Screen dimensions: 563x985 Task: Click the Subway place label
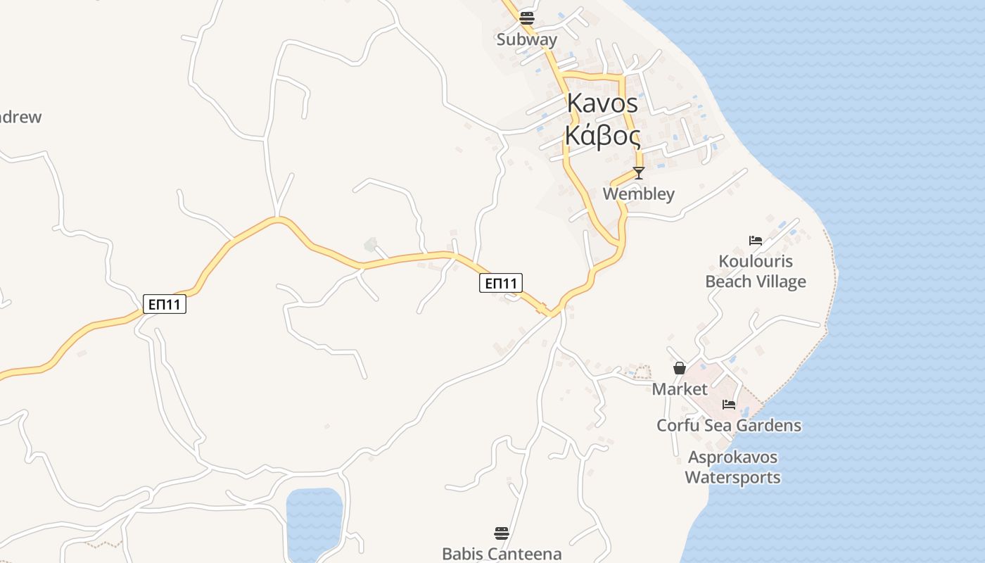tap(526, 39)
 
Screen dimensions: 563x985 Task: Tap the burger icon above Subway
tap(526, 18)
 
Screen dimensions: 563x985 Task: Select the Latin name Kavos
tap(602, 103)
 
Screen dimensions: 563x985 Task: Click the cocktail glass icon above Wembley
tap(638, 172)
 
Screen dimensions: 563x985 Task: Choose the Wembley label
tap(638, 194)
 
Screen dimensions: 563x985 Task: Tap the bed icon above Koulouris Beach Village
tap(756, 241)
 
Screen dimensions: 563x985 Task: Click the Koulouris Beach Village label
tap(756, 272)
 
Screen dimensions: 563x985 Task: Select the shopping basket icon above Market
tap(680, 367)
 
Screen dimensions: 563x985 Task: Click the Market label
tap(680, 388)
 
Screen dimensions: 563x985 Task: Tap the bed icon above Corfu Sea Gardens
tap(729, 405)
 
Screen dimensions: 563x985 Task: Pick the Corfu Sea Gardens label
tap(729, 425)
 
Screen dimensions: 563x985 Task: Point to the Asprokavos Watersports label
tap(732, 467)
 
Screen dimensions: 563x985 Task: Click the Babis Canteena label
tap(502, 554)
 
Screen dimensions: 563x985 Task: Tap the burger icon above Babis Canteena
tap(501, 533)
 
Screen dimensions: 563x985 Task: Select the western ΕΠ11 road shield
tap(165, 304)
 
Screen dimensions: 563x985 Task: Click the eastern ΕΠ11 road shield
tap(502, 283)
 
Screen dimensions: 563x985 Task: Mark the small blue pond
tap(314, 521)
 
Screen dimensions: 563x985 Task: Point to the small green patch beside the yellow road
tap(370, 244)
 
